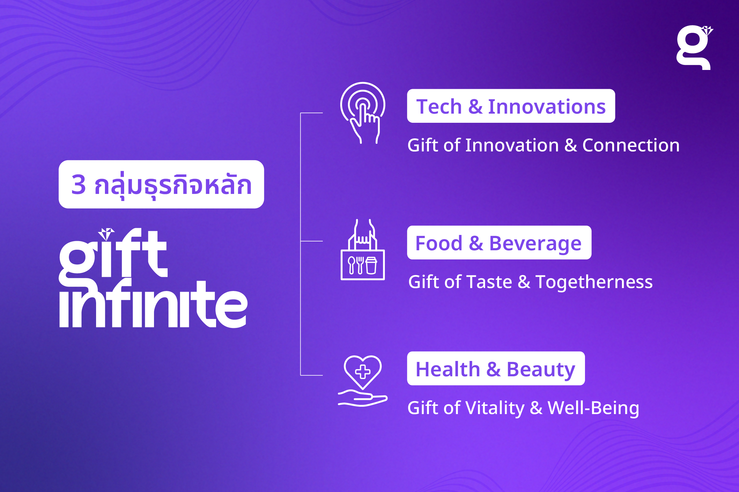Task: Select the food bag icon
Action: [363, 249]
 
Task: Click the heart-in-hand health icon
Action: [363, 381]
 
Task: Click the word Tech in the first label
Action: [439, 107]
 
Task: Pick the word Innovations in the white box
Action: [547, 107]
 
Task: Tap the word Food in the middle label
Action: [439, 243]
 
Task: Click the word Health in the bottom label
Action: [448, 369]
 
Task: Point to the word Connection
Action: [631, 145]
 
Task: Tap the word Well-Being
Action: [593, 408]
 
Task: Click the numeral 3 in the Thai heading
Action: [79, 184]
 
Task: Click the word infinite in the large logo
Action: [153, 303]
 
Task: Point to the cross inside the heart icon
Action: [363, 372]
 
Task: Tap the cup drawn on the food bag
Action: [371, 265]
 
